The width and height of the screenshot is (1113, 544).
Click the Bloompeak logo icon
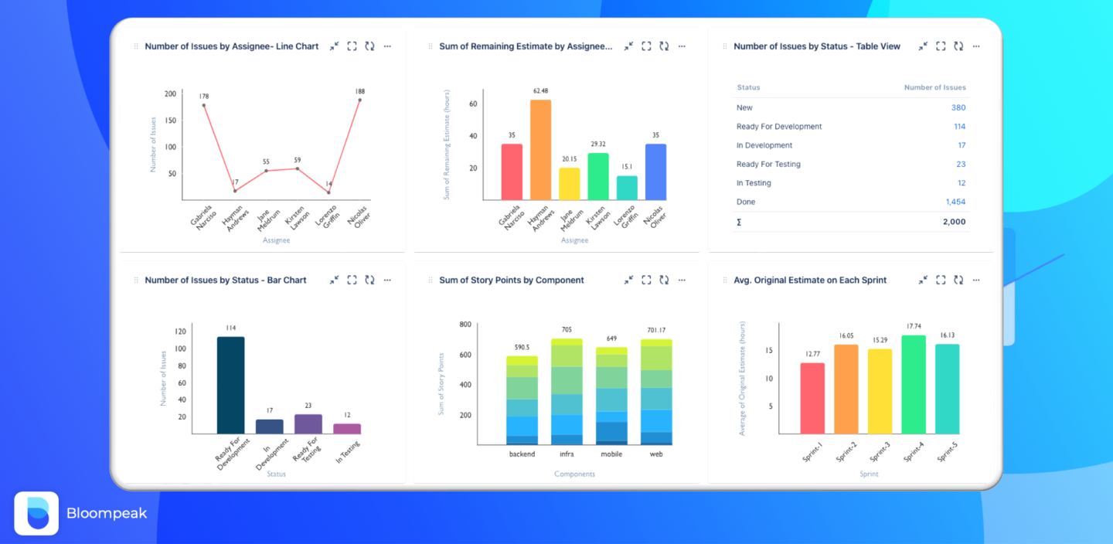(36, 513)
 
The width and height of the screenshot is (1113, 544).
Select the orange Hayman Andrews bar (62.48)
(540, 150)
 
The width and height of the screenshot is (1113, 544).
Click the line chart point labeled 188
(359, 100)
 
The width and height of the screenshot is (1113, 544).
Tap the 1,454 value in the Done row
(955, 202)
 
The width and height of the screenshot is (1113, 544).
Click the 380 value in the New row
(958, 107)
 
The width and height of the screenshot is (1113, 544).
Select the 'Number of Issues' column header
(934, 87)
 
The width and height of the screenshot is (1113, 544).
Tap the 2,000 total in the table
(954, 222)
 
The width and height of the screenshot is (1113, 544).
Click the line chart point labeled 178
(204, 105)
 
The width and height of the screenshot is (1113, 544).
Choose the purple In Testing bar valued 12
(347, 428)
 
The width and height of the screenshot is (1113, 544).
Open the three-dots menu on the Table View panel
(976, 46)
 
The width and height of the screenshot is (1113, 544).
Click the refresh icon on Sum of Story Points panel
(664, 280)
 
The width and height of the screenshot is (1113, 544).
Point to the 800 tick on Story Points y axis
(465, 325)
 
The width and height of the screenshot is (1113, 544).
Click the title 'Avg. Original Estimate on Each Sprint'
(810, 280)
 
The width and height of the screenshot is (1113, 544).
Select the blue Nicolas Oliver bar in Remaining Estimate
(655, 172)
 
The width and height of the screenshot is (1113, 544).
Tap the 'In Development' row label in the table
(764, 145)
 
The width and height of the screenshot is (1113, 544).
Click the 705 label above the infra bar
(567, 330)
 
